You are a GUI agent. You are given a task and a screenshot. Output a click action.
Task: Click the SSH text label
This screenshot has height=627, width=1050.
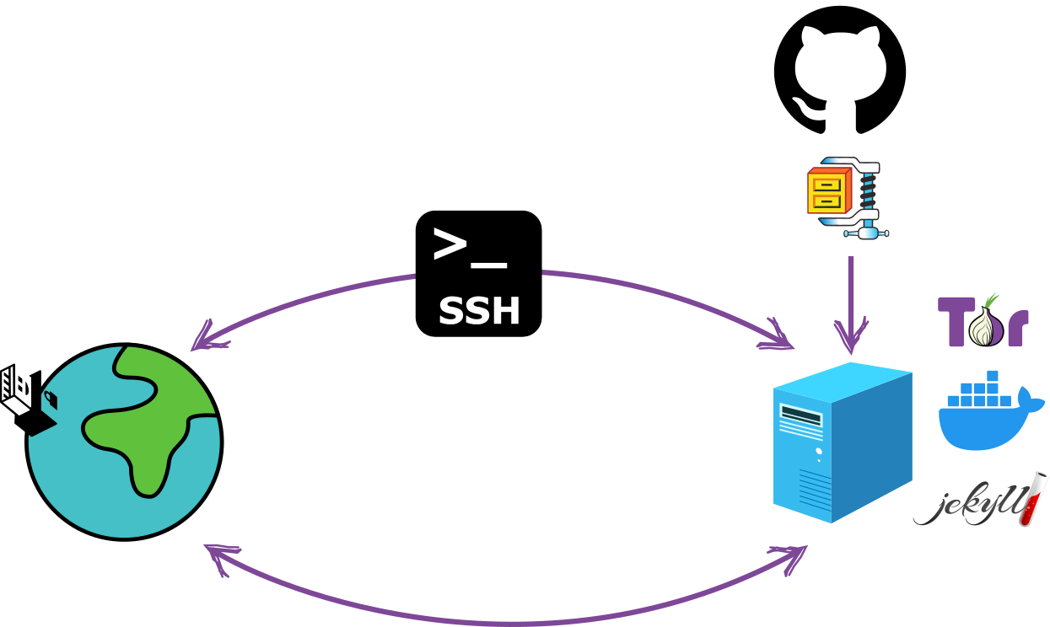pyautogui.click(x=479, y=312)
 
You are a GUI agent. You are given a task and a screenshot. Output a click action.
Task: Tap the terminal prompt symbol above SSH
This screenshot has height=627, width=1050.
pyautogui.click(x=469, y=248)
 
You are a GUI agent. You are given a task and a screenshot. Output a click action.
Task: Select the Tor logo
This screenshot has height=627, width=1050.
pyautogui.click(x=983, y=320)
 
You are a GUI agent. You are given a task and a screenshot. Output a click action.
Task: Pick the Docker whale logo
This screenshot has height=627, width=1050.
pyautogui.click(x=987, y=413)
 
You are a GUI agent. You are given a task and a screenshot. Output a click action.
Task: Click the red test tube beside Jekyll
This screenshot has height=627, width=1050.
pyautogui.click(x=1033, y=499)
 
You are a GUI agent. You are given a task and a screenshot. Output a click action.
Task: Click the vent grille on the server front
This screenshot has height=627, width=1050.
pyautogui.click(x=815, y=490)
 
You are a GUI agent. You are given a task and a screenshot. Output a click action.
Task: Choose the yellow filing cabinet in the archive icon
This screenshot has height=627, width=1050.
pyautogui.click(x=827, y=192)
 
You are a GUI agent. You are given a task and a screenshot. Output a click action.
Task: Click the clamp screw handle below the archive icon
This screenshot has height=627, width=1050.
pyautogui.click(x=867, y=233)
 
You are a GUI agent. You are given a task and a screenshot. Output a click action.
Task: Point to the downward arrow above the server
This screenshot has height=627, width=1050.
pyautogui.click(x=851, y=303)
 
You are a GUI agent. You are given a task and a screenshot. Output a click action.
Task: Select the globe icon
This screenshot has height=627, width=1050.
pyautogui.click(x=125, y=442)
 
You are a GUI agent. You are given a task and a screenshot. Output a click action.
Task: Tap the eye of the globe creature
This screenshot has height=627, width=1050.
pyautogui.click(x=50, y=397)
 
